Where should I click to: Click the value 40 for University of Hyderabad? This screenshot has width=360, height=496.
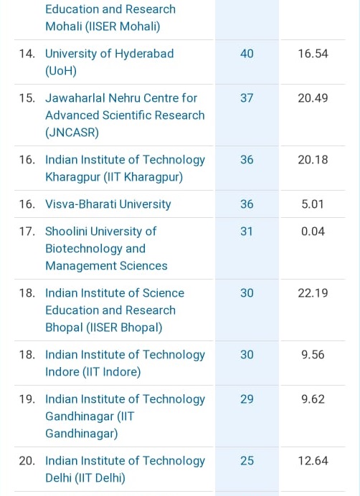247,54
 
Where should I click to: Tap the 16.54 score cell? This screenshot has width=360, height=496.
313,54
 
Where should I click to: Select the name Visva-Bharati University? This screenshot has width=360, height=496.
108,204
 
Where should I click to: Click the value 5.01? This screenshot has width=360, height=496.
313,204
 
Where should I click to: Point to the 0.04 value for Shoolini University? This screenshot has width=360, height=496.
313,232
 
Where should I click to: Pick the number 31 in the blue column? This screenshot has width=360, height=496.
247,232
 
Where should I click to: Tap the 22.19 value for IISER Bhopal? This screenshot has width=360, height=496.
313,293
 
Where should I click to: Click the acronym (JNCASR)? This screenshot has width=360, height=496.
72,133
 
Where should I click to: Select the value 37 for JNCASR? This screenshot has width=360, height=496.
247,98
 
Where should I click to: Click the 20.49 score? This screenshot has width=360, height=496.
313,98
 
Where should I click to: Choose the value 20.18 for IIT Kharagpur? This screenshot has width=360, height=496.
313,160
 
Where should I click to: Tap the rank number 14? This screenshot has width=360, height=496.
27,54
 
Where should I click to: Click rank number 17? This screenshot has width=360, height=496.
27,232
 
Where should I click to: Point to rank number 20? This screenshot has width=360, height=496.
27,461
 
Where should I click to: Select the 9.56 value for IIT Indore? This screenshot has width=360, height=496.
313,355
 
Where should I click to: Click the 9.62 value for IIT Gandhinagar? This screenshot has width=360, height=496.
313,399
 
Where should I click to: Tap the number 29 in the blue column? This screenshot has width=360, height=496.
247,399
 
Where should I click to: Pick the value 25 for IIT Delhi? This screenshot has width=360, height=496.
247,461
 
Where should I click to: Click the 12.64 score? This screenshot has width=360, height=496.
313,461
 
